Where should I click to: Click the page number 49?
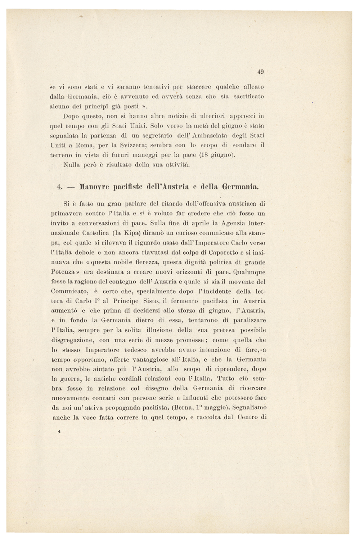pos(261,72)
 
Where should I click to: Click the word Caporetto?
pos(192,252)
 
